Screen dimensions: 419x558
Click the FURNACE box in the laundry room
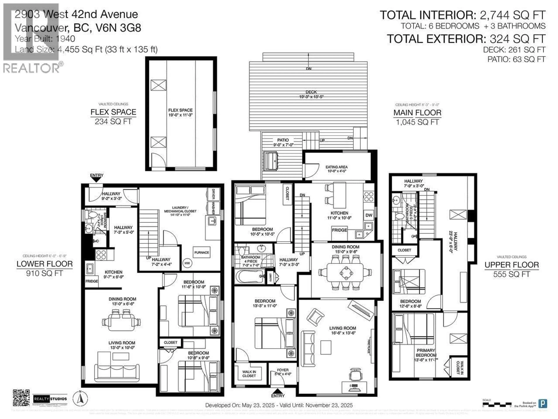tap(202, 252)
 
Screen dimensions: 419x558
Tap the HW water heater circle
tap(187, 263)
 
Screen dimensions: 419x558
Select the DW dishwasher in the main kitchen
tap(369, 215)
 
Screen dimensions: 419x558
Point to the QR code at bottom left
tap(21, 398)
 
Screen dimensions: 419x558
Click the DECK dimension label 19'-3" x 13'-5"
tap(311, 96)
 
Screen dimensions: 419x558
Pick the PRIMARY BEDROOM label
tap(426, 353)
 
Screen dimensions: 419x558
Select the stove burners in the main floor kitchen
tap(369, 197)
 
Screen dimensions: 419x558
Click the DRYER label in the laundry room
tap(213, 194)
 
